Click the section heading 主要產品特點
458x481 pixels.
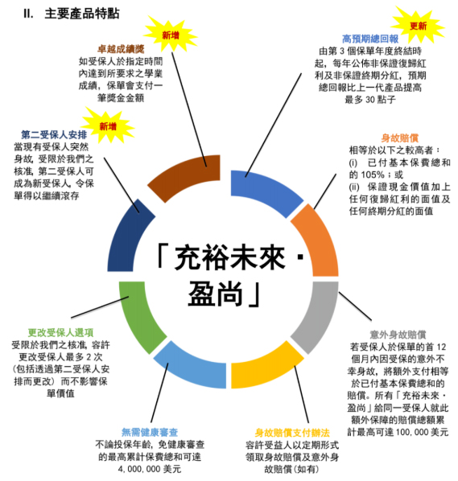(82, 14)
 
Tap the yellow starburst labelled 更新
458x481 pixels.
(418, 26)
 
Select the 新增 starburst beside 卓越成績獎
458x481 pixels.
(171, 35)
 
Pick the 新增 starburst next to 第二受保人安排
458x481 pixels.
(108, 125)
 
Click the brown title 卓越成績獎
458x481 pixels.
(121, 49)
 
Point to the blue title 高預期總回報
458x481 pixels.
(370, 39)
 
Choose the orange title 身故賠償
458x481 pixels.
(400, 138)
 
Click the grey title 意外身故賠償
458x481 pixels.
(398, 335)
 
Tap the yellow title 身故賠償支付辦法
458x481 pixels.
(292, 433)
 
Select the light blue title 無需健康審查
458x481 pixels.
(150, 432)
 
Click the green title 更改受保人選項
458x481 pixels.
(60, 332)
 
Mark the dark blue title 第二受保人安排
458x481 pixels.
(54, 134)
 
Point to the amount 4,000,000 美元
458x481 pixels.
(150, 469)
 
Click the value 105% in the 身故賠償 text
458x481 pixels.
(373, 175)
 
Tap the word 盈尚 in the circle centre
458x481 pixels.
(216, 294)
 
